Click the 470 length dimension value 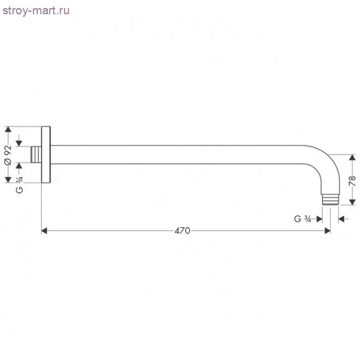pyautogui.click(x=181, y=231)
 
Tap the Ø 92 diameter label pyautogui.click(x=8, y=154)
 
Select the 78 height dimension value pyautogui.click(x=352, y=181)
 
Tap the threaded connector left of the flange pyautogui.click(x=37, y=155)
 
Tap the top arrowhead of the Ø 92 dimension pyautogui.click(x=8, y=130)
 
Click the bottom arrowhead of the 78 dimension pyautogui.click(x=352, y=203)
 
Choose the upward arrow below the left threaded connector pyautogui.click(x=20, y=166)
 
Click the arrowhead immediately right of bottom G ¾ pyautogui.click(x=319, y=218)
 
